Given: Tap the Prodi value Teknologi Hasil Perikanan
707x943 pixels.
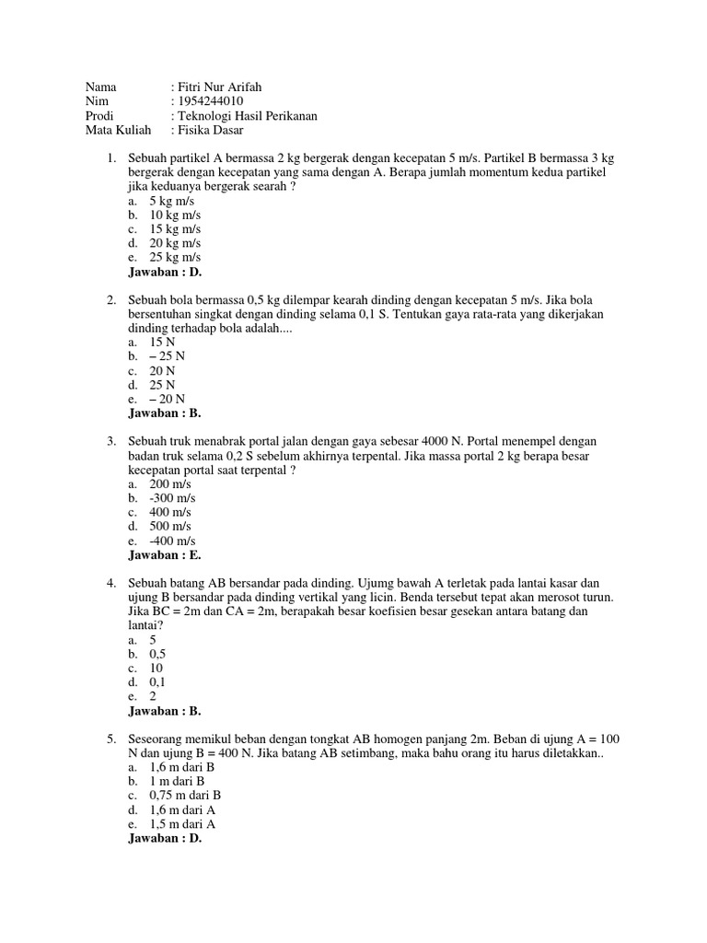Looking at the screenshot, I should tap(247, 116).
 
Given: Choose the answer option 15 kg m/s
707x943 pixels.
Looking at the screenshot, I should tap(175, 228).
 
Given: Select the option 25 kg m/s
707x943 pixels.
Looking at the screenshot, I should tap(175, 257).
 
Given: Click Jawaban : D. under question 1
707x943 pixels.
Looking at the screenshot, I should tap(165, 272).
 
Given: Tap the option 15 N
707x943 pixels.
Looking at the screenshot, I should tap(162, 342).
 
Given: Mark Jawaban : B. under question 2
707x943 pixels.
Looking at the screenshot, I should tap(165, 413).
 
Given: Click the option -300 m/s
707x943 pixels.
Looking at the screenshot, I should tap(172, 497).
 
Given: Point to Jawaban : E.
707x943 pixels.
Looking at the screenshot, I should tap(165, 554).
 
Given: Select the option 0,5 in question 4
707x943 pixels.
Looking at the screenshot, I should tap(157, 654).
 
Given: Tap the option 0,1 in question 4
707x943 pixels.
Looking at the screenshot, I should tap(157, 682).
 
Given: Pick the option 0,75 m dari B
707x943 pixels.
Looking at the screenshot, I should tap(185, 795).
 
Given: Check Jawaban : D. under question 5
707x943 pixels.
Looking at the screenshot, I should tap(165, 838).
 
